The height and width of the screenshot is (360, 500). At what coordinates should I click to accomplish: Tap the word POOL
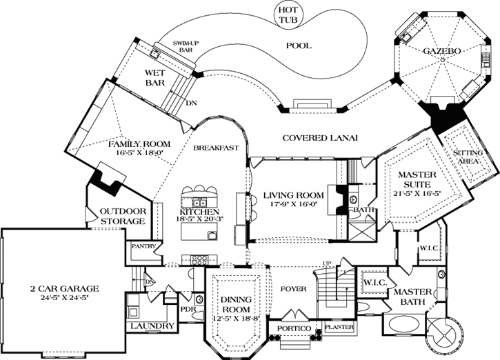pos(298,46)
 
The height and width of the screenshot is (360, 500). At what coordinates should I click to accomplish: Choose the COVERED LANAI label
pos(320,139)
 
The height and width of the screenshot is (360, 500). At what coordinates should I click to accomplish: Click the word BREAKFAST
pos(216,148)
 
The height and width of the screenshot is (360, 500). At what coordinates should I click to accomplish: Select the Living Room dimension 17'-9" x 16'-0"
pos(292,205)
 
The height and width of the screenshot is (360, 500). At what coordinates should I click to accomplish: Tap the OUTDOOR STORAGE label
pos(123,217)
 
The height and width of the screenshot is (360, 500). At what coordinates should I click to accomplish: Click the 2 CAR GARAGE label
pos(65,288)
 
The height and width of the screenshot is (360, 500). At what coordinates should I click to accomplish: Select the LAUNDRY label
pos(150,325)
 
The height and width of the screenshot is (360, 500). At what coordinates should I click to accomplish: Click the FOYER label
pos(289,288)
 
